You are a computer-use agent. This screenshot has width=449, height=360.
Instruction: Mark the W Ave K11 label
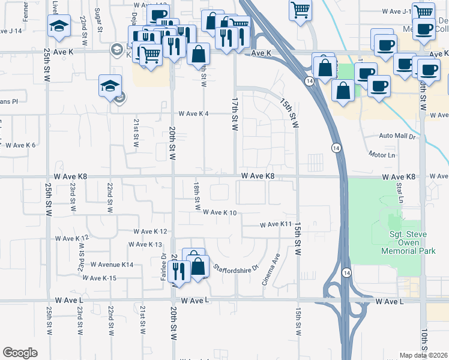(x=276, y=224)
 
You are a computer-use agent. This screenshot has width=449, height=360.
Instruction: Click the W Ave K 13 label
(x=146, y=244)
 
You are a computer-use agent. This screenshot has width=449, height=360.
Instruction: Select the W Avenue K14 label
(x=112, y=265)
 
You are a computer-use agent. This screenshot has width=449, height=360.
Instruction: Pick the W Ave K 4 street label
(x=193, y=114)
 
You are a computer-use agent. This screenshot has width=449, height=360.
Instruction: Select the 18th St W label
(x=197, y=196)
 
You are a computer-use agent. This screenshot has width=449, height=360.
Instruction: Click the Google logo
(x=20, y=353)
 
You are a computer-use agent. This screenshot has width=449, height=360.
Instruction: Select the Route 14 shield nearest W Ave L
(x=346, y=272)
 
